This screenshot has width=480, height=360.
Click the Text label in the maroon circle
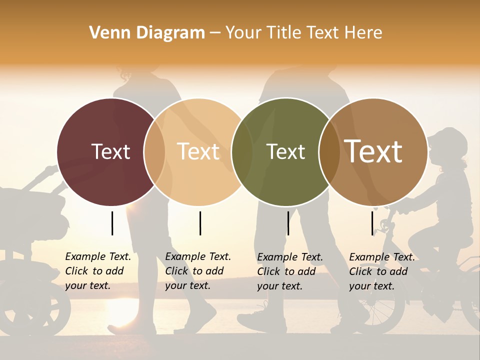pyautogui.click(x=110, y=151)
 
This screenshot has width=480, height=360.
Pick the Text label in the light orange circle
pyautogui.click(x=198, y=151)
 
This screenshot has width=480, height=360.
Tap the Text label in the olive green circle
pyautogui.click(x=285, y=151)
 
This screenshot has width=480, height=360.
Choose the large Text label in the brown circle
pyautogui.click(x=373, y=151)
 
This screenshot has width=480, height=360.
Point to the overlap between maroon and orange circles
pyautogui.click(x=154, y=151)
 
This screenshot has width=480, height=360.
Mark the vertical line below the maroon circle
pyautogui.click(x=112, y=223)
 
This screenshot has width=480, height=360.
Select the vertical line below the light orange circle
pyautogui.click(x=200, y=223)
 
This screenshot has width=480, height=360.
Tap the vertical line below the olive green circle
pyautogui.click(x=288, y=223)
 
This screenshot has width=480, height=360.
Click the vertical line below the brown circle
pyautogui.click(x=372, y=223)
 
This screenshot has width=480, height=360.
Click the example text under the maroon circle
pyautogui.click(x=97, y=271)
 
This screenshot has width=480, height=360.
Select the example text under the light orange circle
pyautogui.click(x=197, y=271)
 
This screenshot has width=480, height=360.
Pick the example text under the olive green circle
pyautogui.click(x=289, y=271)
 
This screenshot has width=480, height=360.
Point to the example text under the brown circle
pyautogui.click(x=381, y=271)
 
